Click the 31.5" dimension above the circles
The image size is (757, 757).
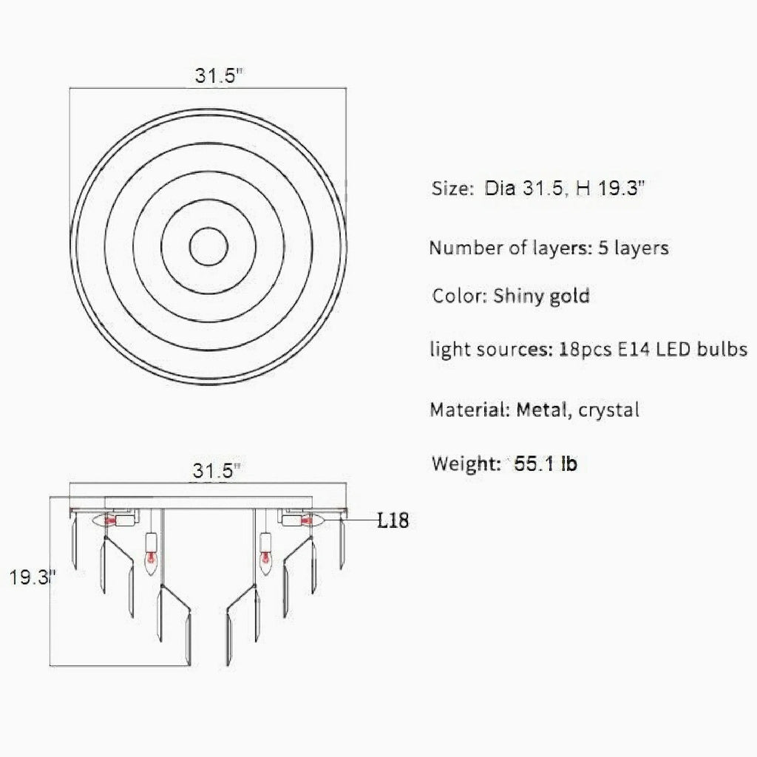click(x=217, y=76)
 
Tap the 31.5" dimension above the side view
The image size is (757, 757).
click(x=216, y=471)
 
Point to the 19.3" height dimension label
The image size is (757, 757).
click(x=33, y=577)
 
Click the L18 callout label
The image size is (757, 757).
click(x=393, y=520)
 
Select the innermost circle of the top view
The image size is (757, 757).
click(x=208, y=228)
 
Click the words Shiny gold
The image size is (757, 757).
click(x=541, y=296)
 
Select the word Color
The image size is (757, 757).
click(x=460, y=296)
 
